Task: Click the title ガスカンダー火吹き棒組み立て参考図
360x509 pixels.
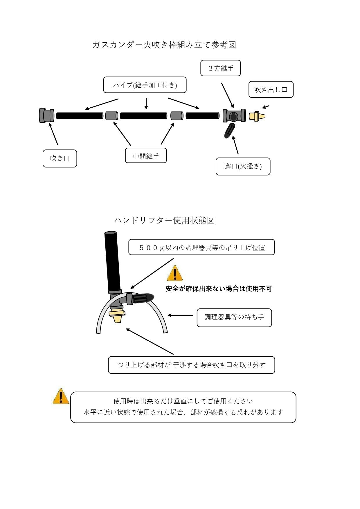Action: [164, 45]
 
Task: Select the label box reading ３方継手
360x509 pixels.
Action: [221, 68]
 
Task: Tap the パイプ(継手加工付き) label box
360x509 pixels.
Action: [145, 85]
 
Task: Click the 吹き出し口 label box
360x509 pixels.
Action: [271, 90]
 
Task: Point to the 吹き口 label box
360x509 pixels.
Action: [60, 158]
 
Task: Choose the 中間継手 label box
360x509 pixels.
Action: [146, 156]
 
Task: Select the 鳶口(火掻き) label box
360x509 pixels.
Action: [243, 167]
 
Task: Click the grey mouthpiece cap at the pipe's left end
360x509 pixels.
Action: [46, 115]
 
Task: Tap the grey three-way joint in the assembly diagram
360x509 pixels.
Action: [234, 116]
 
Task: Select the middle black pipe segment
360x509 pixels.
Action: [143, 116]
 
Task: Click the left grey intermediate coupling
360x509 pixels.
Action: [111, 116]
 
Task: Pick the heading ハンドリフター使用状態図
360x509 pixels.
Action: [164, 221]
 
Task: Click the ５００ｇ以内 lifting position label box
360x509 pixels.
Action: [201, 247]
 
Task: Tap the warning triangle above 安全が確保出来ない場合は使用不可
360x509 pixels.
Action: [175, 273]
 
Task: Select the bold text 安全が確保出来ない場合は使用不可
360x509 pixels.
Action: [219, 289]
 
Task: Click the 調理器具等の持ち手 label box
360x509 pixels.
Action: [234, 317]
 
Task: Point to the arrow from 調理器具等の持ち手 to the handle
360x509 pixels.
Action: [181, 315]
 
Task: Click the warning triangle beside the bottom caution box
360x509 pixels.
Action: [61, 397]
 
